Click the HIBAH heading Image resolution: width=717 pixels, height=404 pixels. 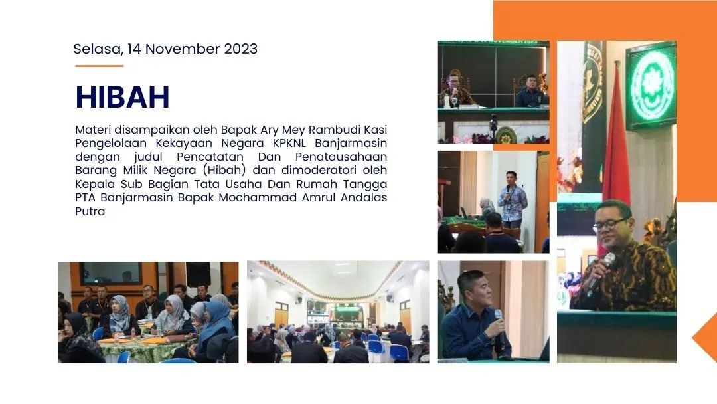click(122, 97)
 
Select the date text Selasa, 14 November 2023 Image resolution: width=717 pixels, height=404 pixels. click(165, 49)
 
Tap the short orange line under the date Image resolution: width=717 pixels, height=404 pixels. click(100, 66)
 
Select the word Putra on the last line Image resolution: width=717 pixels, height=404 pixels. click(90, 211)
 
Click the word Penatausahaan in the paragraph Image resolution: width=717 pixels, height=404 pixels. click(341, 156)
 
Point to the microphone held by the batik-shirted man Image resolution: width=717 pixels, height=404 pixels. click(601, 274)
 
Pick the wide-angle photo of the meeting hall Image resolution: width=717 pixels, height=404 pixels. click(338, 312)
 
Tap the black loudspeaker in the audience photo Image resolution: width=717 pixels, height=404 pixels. click(198, 274)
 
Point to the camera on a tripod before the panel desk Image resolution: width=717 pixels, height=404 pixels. click(493, 124)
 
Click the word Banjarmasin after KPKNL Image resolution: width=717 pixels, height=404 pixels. click(351, 143)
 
